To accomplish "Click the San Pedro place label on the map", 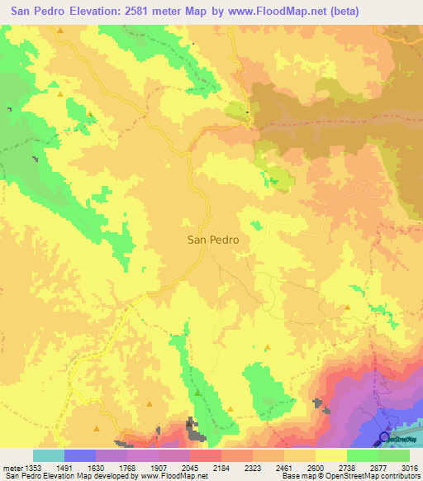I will [x=213, y=240].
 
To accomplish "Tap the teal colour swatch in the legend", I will [x=48, y=455].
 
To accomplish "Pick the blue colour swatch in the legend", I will [x=79, y=455].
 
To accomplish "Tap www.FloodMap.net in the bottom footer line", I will [x=176, y=476].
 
